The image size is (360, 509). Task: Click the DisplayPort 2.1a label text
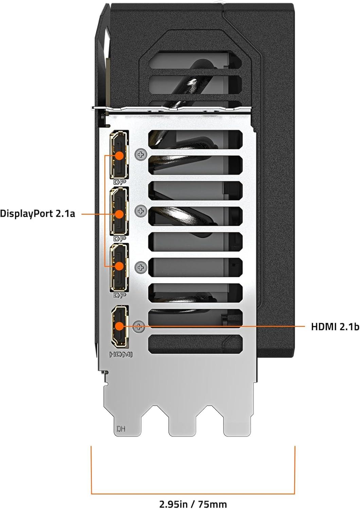37,214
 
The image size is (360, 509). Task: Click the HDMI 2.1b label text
335,327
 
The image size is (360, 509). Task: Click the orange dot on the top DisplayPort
119,155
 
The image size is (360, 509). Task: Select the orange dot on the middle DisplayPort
119,214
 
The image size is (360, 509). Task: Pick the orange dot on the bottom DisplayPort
119,266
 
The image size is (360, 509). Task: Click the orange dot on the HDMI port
119,326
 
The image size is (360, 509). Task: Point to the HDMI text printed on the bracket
120,355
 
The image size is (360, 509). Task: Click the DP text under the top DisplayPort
120,182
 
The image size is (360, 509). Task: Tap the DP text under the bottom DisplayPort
120,296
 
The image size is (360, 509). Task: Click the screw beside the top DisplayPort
140,155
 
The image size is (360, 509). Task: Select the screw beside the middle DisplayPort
140,211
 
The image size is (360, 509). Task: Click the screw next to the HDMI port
139,327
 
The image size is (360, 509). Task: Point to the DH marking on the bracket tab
121,429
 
